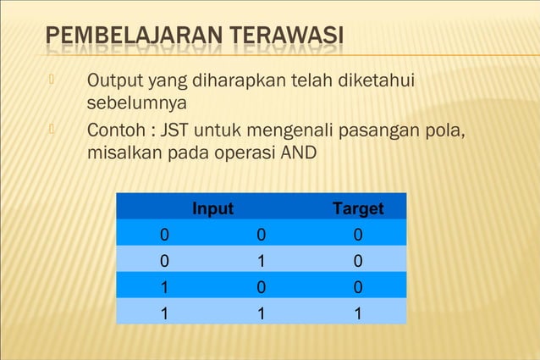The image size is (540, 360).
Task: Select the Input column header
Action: coord(212,208)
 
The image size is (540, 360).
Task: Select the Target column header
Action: coord(358,208)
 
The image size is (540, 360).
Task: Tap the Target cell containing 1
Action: coord(358,313)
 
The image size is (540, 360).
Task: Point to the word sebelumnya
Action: coord(137,104)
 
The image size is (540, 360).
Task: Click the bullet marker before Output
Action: coord(51,80)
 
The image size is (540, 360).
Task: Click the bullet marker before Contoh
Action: coord(51,131)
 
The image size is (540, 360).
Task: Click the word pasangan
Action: coord(378,133)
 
